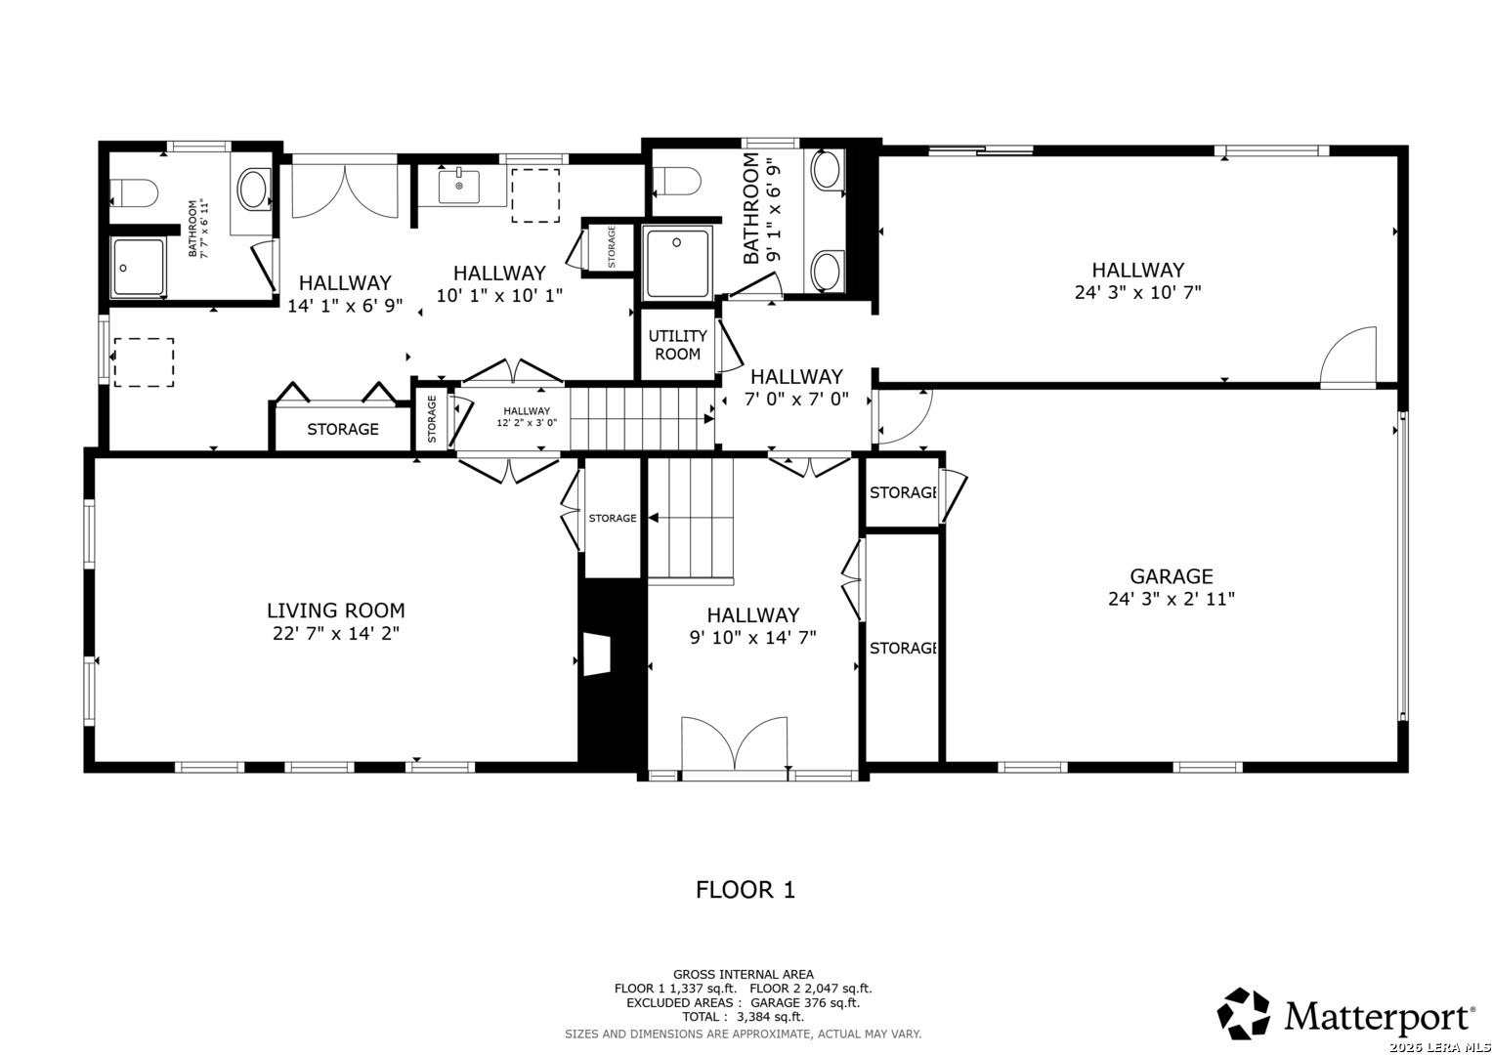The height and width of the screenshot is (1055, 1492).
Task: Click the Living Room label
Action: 336,611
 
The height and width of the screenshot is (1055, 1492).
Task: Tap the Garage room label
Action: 1171,576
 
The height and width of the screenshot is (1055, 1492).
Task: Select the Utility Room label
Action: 677,344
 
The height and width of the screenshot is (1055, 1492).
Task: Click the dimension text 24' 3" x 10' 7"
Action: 1137,292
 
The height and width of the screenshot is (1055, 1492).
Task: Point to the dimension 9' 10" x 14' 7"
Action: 752,637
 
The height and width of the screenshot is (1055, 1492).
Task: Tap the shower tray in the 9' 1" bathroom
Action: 677,263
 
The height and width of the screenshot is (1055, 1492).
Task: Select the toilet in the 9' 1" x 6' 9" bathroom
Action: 677,182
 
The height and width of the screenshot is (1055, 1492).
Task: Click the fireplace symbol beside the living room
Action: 597,654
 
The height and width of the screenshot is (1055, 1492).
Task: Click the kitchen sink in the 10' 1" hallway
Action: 459,186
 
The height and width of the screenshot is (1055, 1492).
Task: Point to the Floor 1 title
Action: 746,890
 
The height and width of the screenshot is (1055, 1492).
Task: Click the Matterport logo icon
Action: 1244,1013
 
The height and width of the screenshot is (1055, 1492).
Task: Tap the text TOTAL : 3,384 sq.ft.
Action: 743,1017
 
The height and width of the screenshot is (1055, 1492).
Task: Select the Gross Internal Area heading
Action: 743,975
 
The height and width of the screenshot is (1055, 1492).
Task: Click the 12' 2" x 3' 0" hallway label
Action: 527,416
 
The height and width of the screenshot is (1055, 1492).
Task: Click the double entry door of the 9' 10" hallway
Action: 734,743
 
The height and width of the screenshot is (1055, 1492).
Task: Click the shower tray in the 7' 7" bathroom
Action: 138,267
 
